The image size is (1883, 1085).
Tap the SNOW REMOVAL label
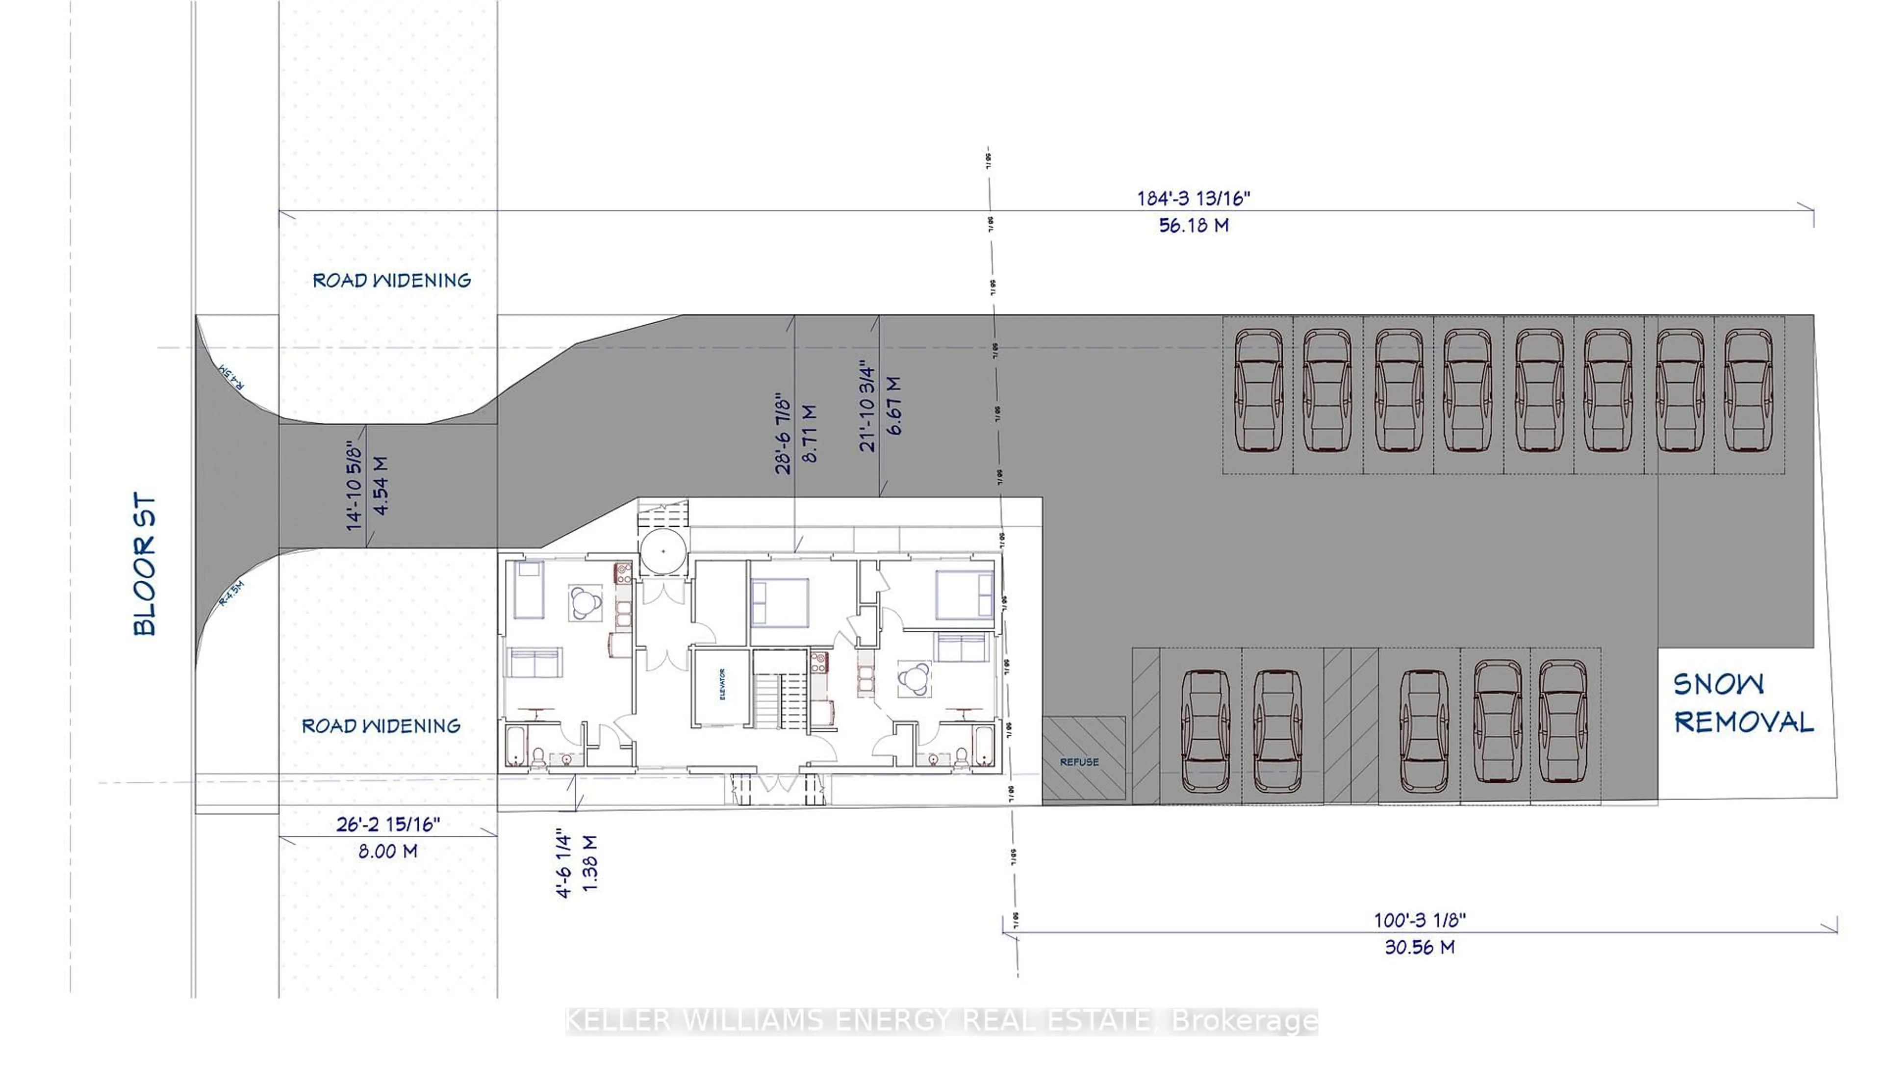pos(1742,703)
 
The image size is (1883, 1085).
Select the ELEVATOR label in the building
pos(722,684)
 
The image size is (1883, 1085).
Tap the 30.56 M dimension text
pos(1419,947)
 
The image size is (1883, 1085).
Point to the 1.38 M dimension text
pos(590,863)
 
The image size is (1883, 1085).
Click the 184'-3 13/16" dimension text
pos(1193,198)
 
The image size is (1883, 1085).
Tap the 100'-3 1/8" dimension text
pos(1420,920)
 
